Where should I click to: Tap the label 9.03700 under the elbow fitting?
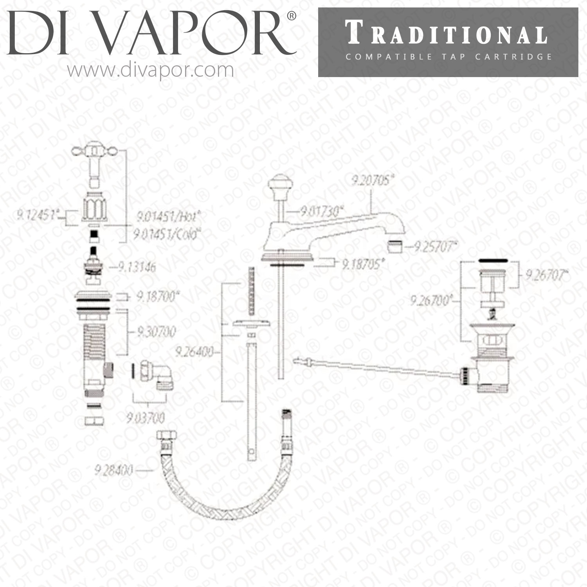coord(146,418)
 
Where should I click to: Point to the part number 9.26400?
coord(194,352)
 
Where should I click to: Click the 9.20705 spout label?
coord(372,181)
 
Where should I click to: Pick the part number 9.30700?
coord(156,332)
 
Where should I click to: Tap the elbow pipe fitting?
coord(160,376)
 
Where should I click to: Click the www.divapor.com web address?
coord(150,71)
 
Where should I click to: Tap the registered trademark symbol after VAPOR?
coord(292,16)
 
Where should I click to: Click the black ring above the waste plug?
coord(493,260)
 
